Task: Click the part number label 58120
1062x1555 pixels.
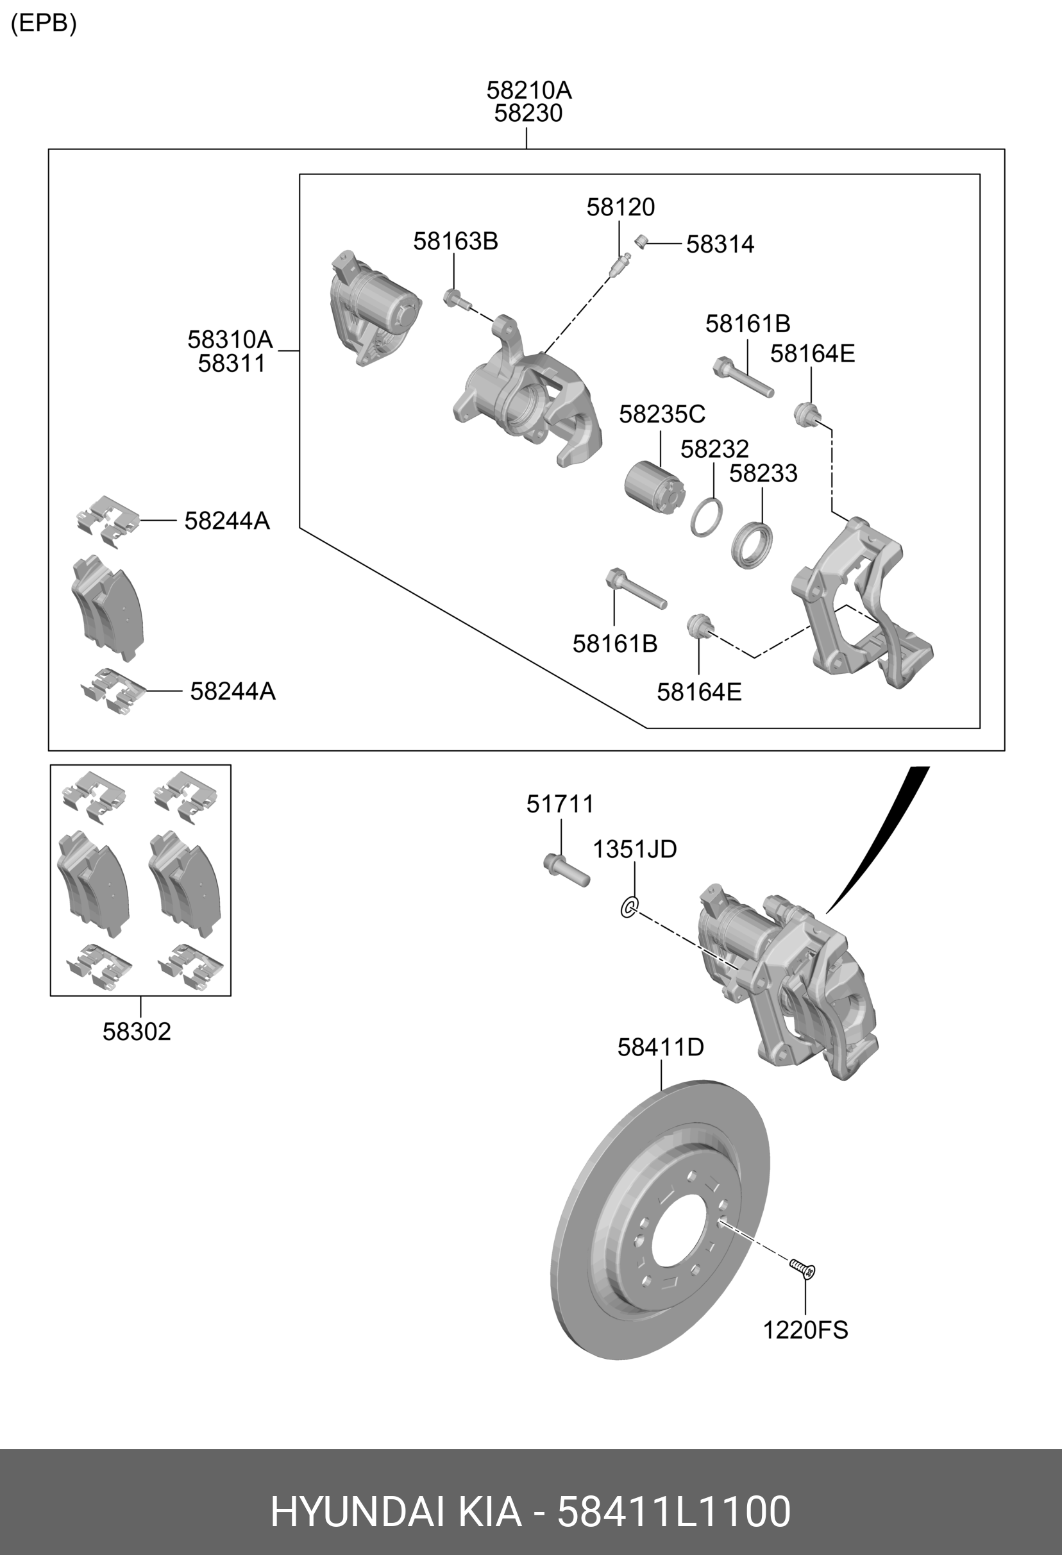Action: pyautogui.click(x=620, y=207)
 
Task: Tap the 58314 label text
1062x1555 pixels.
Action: pyautogui.click(x=720, y=244)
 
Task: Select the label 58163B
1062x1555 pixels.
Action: pyautogui.click(x=455, y=241)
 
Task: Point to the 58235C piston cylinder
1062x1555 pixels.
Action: pyautogui.click(x=655, y=488)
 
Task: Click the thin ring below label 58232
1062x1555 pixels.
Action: pyautogui.click(x=707, y=517)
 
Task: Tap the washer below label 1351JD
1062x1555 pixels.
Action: pyautogui.click(x=629, y=907)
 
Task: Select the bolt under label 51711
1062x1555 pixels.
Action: pyautogui.click(x=566, y=870)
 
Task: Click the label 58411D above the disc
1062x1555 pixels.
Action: pyautogui.click(x=660, y=1047)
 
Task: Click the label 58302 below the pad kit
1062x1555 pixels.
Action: pyautogui.click(x=137, y=1032)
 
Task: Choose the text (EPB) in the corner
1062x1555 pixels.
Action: pyautogui.click(x=44, y=24)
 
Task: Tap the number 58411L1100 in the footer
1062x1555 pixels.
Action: pyautogui.click(x=674, y=1511)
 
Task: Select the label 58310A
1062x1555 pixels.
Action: pyautogui.click(x=230, y=340)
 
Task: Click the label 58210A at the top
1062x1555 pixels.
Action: pyautogui.click(x=528, y=90)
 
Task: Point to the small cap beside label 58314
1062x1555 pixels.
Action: pyautogui.click(x=641, y=242)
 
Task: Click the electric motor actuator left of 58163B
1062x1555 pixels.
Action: pyautogui.click(x=375, y=308)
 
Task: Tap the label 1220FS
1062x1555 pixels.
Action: pyautogui.click(x=805, y=1330)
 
